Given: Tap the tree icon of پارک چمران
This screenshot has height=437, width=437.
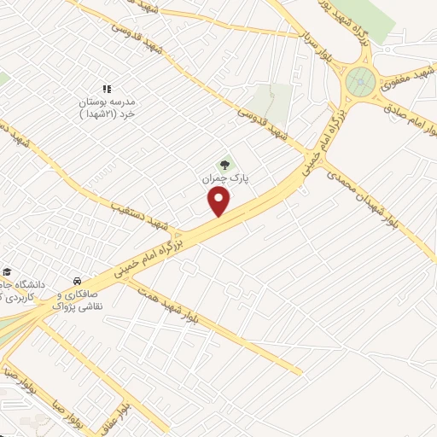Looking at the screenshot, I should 224,165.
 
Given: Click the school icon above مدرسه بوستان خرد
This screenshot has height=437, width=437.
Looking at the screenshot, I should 107,88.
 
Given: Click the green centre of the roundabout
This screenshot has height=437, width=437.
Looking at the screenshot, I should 359,83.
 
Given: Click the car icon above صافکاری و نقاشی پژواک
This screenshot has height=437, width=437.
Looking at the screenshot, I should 77,280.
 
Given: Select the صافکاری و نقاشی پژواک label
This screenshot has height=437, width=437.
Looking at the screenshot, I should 77,299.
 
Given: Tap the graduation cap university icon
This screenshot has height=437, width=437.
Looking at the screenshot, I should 8,271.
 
